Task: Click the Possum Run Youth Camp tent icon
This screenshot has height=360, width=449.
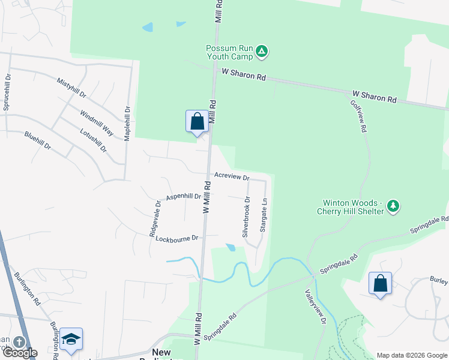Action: pyautogui.click(x=262, y=52)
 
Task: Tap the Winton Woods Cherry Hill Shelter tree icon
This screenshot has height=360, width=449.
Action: pyautogui.click(x=393, y=206)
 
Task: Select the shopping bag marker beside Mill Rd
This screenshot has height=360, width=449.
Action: pyautogui.click(x=197, y=122)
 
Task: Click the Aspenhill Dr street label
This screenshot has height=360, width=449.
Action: pyautogui.click(x=183, y=197)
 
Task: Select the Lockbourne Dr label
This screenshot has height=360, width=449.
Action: pyautogui.click(x=176, y=239)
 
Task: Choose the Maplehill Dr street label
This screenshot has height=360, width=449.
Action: pyautogui.click(x=127, y=124)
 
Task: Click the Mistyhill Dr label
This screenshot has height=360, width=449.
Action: pyautogui.click(x=72, y=88)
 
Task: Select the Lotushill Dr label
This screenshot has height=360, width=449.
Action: pyautogui.click(x=92, y=139)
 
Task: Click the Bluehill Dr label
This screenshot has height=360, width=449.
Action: pyautogui.click(x=38, y=141)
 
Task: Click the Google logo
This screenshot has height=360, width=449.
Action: pyautogui.click(x=19, y=353)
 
